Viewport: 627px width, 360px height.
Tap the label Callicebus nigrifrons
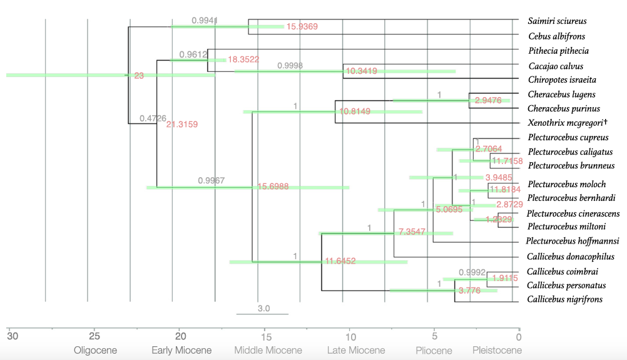[565, 299]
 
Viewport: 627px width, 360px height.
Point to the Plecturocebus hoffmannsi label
[573, 241]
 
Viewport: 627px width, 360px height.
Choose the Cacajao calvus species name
[556, 66]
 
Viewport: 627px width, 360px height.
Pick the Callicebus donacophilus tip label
[570, 257]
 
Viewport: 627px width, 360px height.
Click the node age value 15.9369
[302, 26]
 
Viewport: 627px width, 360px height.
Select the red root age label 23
[139, 76]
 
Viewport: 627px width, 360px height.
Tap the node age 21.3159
[181, 125]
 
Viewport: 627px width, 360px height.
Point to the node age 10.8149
[355, 111]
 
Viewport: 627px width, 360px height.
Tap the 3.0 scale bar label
[263, 308]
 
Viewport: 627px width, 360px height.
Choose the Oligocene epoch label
[95, 351]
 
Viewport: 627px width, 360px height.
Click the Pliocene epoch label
[434, 351]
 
